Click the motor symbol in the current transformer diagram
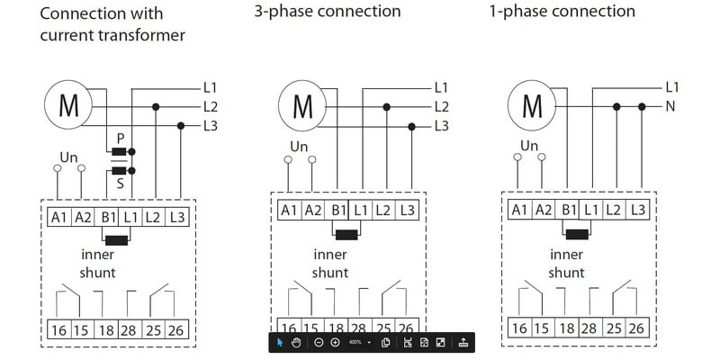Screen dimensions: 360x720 68,106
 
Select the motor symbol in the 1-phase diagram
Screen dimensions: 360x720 532,106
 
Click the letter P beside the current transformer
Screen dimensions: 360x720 120,137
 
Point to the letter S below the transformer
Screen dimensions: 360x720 120,183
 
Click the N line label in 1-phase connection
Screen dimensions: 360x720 670,106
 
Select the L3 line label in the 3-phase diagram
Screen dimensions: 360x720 441,125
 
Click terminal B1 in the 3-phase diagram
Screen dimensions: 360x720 338,210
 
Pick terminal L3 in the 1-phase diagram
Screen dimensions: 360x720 637,210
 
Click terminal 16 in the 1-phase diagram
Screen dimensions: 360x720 519,328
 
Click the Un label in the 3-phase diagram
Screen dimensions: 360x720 301,146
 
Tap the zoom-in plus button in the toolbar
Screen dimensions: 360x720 335,343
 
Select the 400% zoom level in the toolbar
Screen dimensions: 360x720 355,343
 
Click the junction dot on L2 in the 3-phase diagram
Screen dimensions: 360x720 386,106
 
